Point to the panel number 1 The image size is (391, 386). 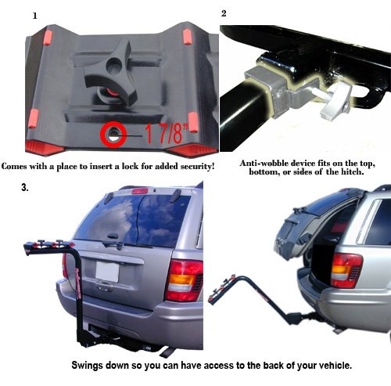click(34, 16)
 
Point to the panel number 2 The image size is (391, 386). click(224, 13)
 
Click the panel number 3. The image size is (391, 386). click(25, 188)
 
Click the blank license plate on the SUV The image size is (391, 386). click(107, 272)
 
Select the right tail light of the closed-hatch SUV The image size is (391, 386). click(184, 280)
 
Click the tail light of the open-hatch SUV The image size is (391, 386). click(346, 270)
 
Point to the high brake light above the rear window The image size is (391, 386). click(140, 191)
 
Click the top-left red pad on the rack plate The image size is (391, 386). click(48, 38)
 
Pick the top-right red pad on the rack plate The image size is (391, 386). click(188, 37)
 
